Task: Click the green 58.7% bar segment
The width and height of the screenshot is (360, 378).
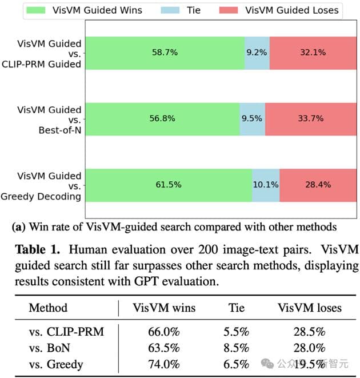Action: (165, 53)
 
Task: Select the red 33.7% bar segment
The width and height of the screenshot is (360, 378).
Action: (311, 119)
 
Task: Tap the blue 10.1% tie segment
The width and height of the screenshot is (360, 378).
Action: (266, 185)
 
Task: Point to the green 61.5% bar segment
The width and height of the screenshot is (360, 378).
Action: (168, 185)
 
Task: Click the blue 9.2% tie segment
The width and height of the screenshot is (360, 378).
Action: (257, 53)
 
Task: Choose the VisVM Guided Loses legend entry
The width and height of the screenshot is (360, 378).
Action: (281, 10)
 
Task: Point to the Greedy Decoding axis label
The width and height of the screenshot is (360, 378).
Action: (50, 196)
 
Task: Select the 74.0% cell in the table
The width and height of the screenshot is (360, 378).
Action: (164, 365)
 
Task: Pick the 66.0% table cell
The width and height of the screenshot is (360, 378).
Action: (164, 332)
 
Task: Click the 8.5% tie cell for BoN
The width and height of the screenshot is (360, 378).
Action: (235, 348)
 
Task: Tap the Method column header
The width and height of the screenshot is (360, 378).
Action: (48, 308)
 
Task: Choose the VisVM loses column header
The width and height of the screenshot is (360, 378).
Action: (310, 308)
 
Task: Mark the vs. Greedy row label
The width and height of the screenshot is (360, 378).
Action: (56, 365)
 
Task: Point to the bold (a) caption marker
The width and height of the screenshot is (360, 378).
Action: (18, 227)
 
